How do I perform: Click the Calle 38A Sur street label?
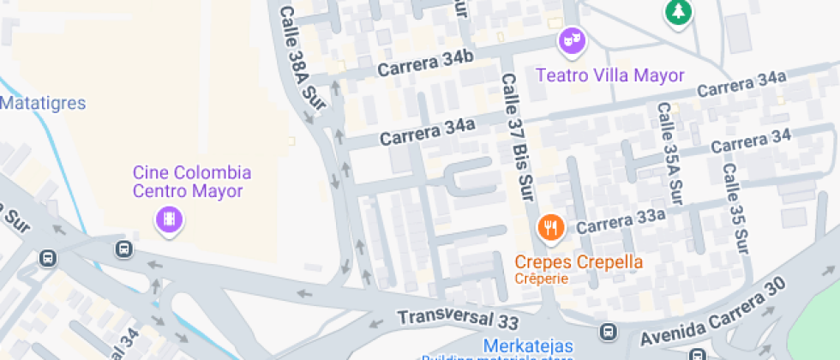[x=303, y=57]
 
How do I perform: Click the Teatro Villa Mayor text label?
[x=610, y=75]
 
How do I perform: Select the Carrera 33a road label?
[x=621, y=225]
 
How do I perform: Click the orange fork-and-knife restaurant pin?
[x=549, y=228]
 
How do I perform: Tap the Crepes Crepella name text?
[x=579, y=261]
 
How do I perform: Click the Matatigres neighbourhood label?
[x=43, y=104]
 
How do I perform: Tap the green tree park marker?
[x=679, y=12]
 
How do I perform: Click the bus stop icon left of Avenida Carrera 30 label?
[x=608, y=331]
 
